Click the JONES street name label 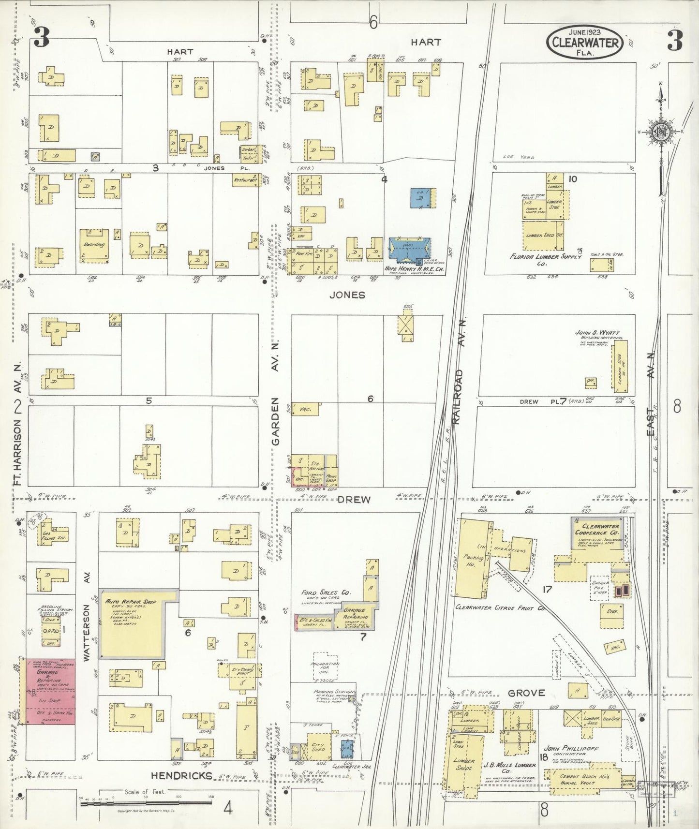point(347,295)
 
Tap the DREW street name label point(354,500)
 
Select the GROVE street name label point(526,693)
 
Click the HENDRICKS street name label point(181,775)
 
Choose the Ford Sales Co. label point(326,592)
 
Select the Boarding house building point(94,246)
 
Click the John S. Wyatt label point(597,333)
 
